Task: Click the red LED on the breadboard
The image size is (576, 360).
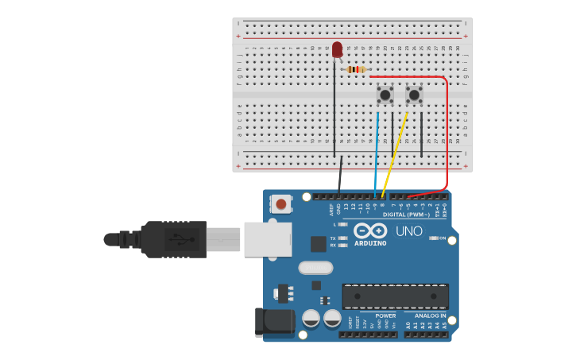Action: coord(337,50)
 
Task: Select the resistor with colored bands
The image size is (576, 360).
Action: coord(355,69)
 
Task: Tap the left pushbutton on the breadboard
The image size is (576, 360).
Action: coord(385,95)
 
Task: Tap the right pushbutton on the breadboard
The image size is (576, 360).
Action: coord(414,95)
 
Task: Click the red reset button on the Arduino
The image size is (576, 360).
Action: coord(280,204)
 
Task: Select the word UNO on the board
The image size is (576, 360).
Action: coord(409,231)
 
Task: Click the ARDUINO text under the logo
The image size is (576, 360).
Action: coord(370,243)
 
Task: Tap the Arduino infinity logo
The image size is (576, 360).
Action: coord(370,231)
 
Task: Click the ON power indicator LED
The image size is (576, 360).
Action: coord(434,238)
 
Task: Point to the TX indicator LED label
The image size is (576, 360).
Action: coord(333,238)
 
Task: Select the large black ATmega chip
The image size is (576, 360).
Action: coord(395,296)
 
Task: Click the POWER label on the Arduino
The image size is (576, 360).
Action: coord(385,315)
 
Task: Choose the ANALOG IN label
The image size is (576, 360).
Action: coord(430,315)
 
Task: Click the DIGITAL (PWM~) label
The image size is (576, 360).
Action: coord(406,215)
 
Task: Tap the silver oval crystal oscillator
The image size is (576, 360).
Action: coord(315,268)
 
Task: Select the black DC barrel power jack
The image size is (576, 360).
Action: coord(273,322)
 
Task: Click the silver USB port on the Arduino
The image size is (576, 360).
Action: coord(267,239)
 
